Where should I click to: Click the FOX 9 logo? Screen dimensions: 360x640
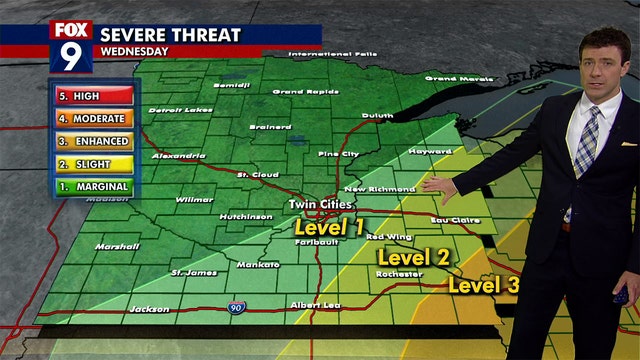point(71,46)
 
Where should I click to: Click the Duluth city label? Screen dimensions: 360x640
point(377,116)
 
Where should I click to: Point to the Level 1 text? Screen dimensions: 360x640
point(329,227)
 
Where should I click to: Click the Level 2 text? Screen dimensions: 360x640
point(413,256)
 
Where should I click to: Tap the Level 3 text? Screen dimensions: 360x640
point(484,285)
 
